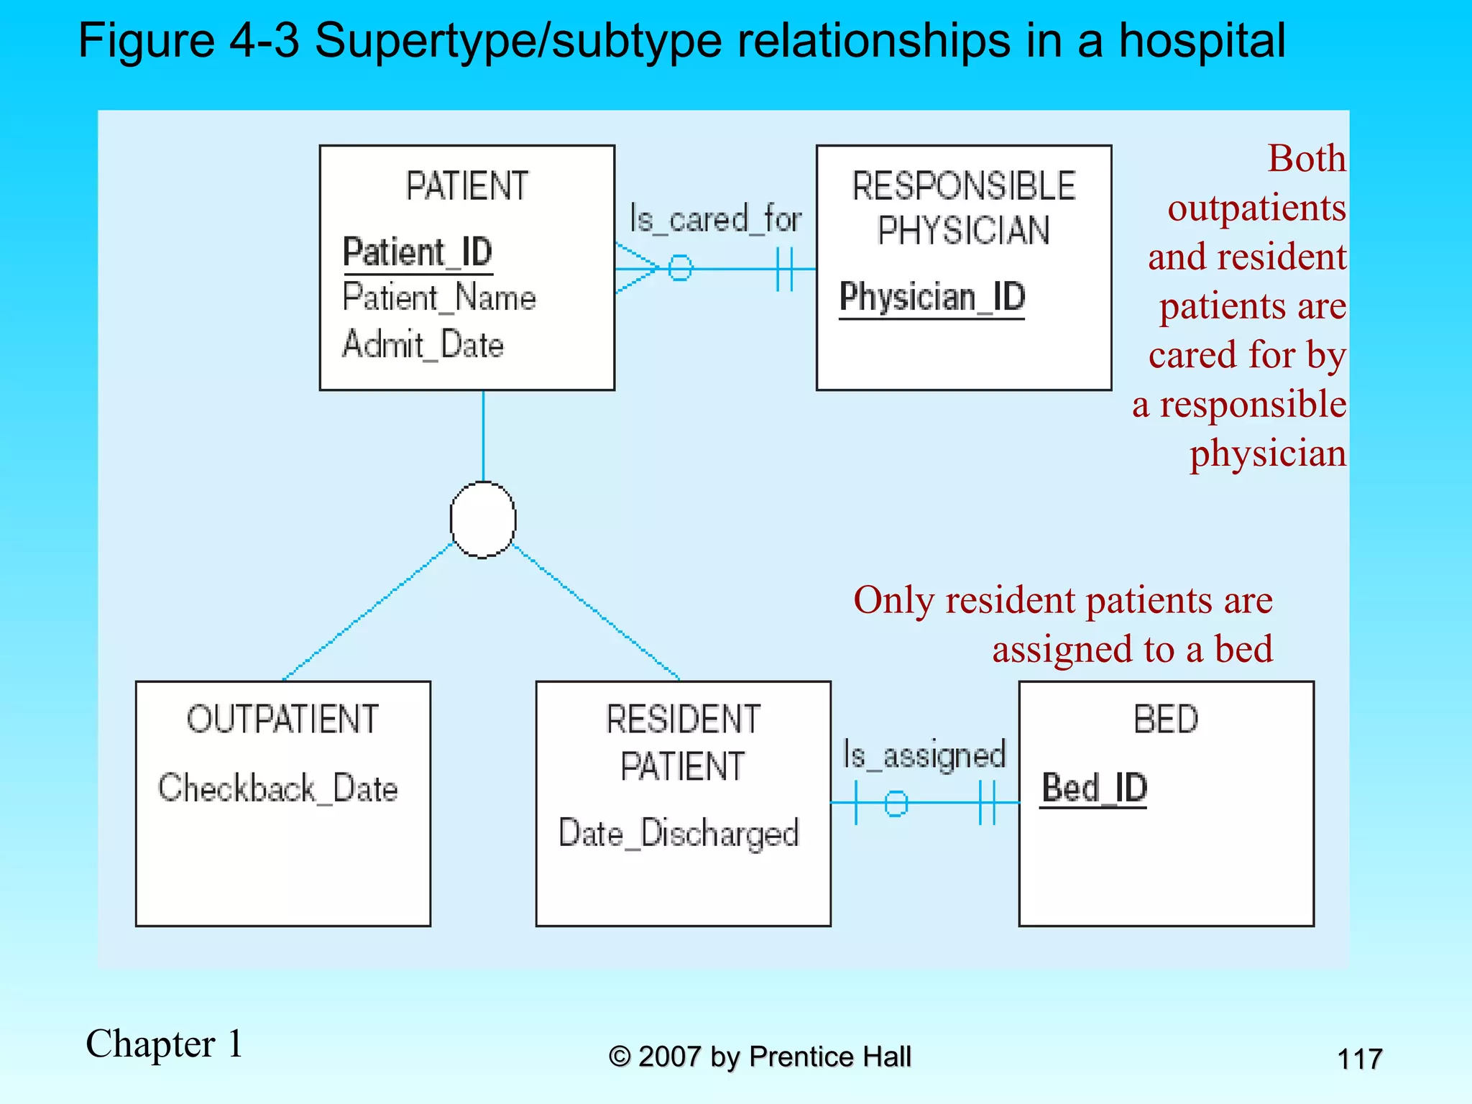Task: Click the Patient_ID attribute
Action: pos(418,252)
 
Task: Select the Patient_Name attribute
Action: pos(439,298)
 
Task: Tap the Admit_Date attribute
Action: pos(423,344)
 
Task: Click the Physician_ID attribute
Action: pos(932,297)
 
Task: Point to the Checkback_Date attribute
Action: pos(278,788)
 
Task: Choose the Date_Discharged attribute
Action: pos(678,834)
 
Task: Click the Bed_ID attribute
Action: pos(1094,788)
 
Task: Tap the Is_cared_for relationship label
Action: pos(715,218)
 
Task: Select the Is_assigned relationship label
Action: pos(924,755)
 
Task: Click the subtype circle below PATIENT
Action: pos(483,520)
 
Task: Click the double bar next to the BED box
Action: pos(988,803)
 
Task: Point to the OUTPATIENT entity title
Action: pos(282,719)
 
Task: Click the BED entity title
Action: pos(1166,719)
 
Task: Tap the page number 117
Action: pos(1359,1059)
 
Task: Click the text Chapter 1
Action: pos(164,1044)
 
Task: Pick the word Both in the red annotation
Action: pos(1306,158)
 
